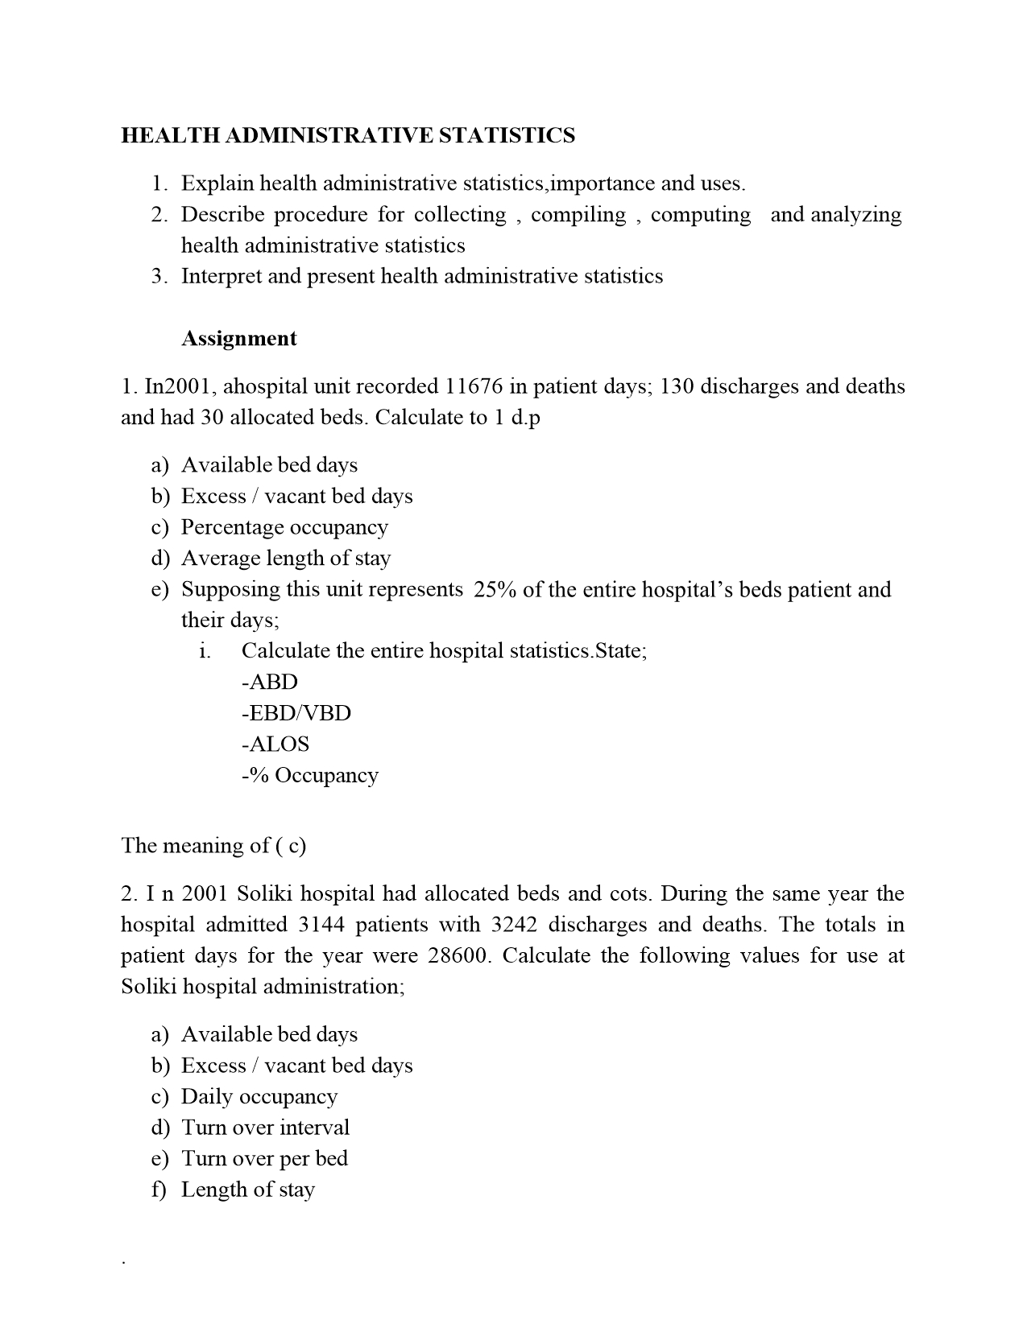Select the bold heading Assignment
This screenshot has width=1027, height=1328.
pyautogui.click(x=238, y=338)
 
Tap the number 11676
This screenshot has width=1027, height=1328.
pyautogui.click(x=474, y=386)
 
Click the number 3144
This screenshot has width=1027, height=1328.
pyautogui.click(x=321, y=924)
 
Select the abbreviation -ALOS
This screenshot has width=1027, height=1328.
pyautogui.click(x=275, y=744)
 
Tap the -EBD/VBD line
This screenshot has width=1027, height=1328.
pyautogui.click(x=296, y=713)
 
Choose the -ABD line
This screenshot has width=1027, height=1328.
pyautogui.click(x=269, y=682)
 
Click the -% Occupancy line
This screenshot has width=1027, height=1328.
pyautogui.click(x=309, y=775)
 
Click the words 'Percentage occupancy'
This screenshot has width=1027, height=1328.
pyautogui.click(x=284, y=527)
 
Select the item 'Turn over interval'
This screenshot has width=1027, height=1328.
pyautogui.click(x=265, y=1127)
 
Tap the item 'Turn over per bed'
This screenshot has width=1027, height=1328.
pyautogui.click(x=264, y=1158)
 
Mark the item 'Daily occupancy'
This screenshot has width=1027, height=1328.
pyautogui.click(x=259, y=1096)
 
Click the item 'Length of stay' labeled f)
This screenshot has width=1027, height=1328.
pyautogui.click(x=247, y=1189)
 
